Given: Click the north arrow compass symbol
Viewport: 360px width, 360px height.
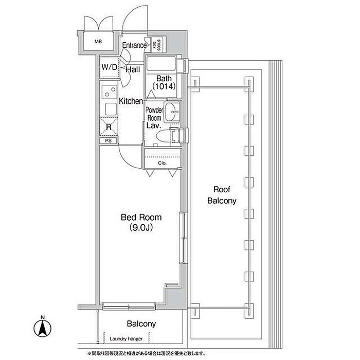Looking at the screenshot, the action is (43, 328).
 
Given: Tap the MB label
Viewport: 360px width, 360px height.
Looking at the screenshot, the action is (98, 42).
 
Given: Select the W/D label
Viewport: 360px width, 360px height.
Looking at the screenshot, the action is (109, 67).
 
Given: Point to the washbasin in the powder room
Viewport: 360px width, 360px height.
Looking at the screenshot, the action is (173, 112).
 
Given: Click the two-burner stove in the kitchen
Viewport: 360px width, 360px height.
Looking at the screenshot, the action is (109, 92).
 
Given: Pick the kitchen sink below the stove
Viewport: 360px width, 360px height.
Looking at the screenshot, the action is (111, 109).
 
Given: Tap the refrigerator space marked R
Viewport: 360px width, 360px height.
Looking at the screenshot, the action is (109, 127).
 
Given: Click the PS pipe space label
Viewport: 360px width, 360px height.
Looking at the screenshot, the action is (109, 140).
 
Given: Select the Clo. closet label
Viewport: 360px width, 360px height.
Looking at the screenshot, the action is (162, 163).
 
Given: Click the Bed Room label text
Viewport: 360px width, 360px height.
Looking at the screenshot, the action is (141, 217).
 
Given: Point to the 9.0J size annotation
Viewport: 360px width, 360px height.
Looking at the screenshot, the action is (141, 227).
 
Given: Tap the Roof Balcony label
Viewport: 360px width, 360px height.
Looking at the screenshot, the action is (222, 195).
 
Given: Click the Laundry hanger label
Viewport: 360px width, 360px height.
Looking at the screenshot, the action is (126, 338).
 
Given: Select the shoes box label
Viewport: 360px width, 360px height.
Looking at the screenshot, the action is (157, 45).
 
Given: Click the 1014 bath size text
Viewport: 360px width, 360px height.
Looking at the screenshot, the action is (164, 86).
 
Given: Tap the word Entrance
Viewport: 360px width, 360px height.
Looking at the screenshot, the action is (134, 45).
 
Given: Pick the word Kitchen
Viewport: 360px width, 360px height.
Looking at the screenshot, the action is (131, 101).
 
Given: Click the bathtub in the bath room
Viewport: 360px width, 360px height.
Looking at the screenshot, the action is (161, 64).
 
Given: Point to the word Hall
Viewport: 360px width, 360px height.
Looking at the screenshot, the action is (133, 69).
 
